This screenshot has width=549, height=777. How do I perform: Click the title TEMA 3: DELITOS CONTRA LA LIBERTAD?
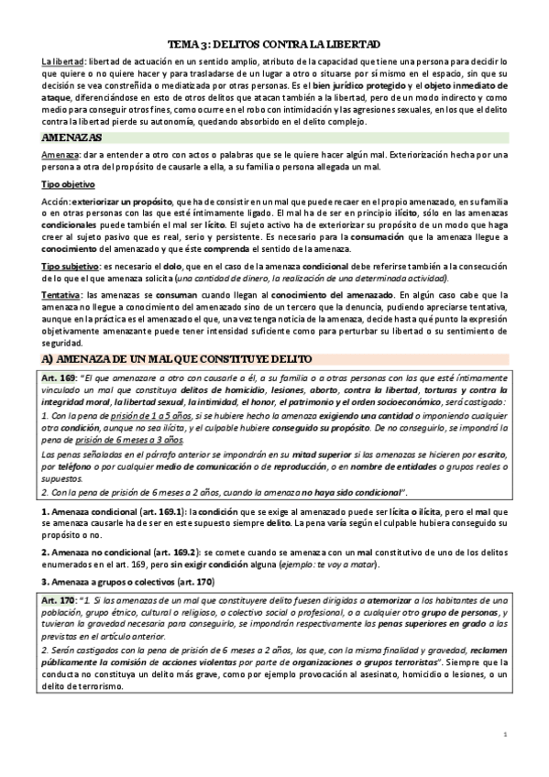tap(274, 45)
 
